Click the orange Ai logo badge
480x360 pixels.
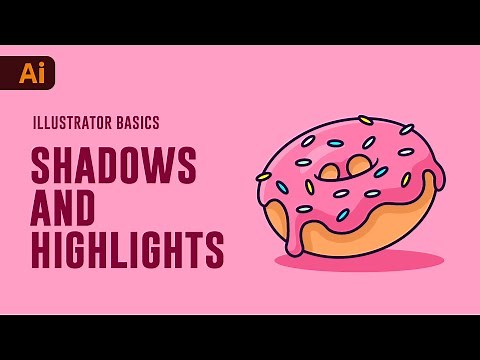pos(36,73)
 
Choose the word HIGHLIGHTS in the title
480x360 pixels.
pos(127,251)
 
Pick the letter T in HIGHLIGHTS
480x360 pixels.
pos(193,251)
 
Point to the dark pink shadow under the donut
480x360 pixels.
pos(359,261)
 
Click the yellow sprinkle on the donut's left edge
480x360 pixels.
pos(264,177)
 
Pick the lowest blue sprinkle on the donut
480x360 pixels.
pos(342,214)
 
